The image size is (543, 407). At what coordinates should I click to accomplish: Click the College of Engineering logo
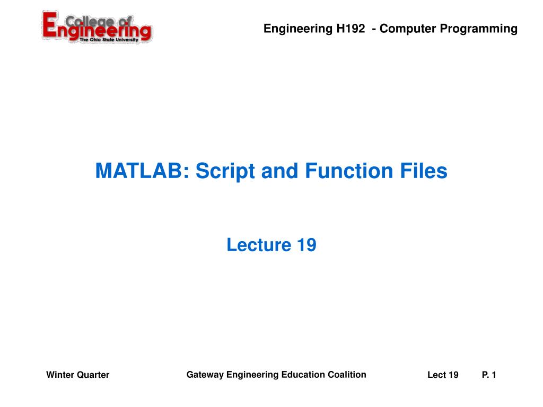click(x=97, y=28)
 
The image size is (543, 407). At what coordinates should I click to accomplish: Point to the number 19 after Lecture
click(x=306, y=245)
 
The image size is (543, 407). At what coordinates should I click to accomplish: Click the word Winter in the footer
click(x=59, y=375)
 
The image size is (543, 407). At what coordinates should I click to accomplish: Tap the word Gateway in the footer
click(x=205, y=375)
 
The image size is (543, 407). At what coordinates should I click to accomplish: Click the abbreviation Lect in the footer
click(x=436, y=375)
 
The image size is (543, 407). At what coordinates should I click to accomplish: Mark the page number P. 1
click(x=489, y=375)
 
